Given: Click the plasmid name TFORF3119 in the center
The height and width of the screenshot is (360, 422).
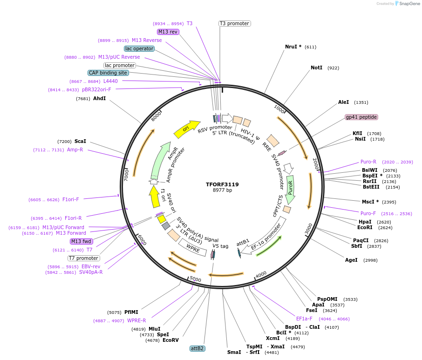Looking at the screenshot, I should [222, 184].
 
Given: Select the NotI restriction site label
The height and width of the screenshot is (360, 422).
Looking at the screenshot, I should [316, 68].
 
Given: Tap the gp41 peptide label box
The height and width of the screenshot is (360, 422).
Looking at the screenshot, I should [361, 117].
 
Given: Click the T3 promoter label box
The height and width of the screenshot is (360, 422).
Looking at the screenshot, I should [234, 23].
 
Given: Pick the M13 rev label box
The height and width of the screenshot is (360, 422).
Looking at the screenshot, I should [168, 32].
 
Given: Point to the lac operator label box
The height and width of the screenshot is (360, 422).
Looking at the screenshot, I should [139, 48].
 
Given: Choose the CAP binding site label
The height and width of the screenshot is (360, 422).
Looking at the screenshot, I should [108, 73].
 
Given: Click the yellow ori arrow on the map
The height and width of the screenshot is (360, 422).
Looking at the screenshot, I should [186, 129].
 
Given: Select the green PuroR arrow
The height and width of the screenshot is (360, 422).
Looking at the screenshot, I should [291, 189].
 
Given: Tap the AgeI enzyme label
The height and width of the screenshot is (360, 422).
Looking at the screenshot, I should [351, 260].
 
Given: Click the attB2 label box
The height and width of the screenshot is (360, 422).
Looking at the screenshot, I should [197, 348].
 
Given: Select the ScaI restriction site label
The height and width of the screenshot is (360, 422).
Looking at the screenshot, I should [80, 141].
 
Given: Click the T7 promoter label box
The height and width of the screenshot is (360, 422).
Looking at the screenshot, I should [84, 258].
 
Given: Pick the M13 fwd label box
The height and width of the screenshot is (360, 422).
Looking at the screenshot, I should [81, 241].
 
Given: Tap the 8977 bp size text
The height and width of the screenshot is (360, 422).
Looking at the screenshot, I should [222, 190].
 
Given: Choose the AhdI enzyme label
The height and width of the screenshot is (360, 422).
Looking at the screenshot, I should [99, 98].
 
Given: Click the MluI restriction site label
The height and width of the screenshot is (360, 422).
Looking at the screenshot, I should [154, 328].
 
